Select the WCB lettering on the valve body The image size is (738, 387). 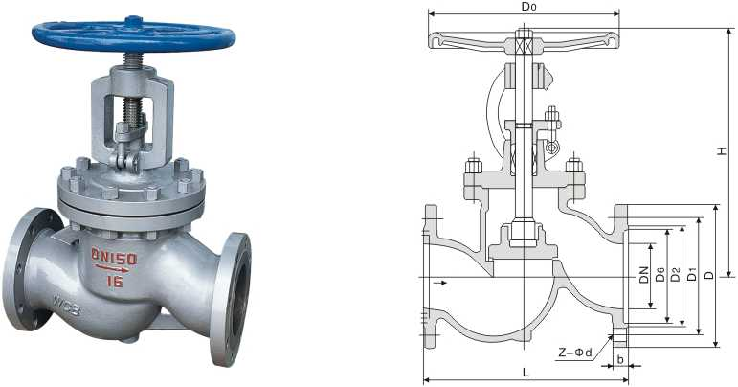66,308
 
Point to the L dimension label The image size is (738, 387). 526,371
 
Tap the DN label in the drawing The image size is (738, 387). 644,269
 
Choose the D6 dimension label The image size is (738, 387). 660,274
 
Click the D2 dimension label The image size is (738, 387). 675,274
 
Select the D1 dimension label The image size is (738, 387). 690,275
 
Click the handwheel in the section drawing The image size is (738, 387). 522,40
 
